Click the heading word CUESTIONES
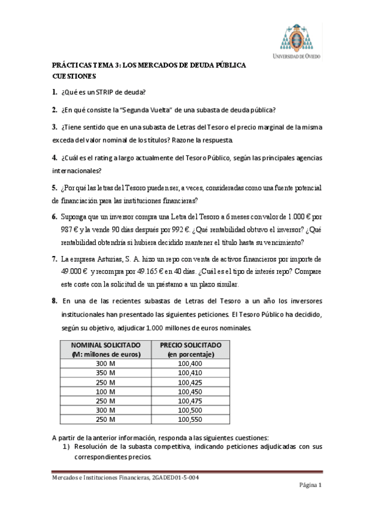(74, 76)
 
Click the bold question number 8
(54, 301)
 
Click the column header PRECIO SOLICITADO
(190, 345)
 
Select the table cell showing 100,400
(190, 363)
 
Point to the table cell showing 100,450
(190, 391)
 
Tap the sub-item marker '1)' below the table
(68, 447)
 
